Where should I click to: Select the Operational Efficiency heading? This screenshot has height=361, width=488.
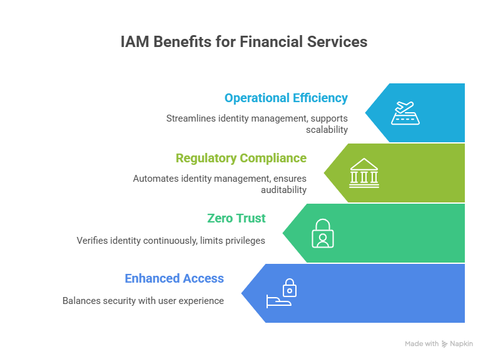point(286,98)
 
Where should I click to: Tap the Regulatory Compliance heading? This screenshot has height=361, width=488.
point(241,159)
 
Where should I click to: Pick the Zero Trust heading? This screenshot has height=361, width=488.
point(236,219)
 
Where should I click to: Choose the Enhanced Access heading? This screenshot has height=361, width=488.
point(174,279)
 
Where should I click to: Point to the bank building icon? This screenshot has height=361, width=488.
point(364,172)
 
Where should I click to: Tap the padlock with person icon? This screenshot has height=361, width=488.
point(323,233)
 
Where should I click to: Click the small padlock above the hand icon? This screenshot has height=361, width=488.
point(289,288)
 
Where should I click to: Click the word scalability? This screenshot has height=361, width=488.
point(327,130)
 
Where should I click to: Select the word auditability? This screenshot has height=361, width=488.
point(285,190)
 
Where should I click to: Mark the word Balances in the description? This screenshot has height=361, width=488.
point(81,301)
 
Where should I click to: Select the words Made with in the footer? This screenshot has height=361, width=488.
point(421,344)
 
